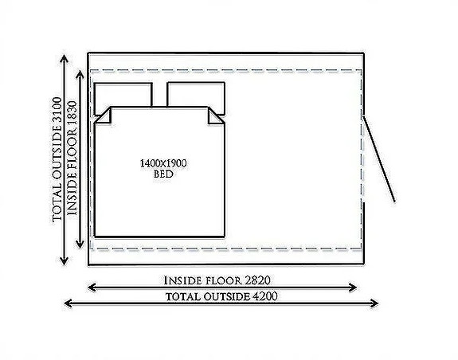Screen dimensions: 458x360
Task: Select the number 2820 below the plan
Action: pyautogui.click(x=257, y=280)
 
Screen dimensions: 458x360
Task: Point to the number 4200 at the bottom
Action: pyautogui.click(x=264, y=296)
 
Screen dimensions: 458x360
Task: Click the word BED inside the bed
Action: pyautogui.click(x=163, y=174)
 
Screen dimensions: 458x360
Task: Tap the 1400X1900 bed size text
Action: pyautogui.click(x=163, y=163)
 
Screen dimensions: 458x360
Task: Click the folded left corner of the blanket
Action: pyautogui.click(x=104, y=116)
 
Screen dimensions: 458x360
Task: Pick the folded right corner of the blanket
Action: pyautogui.click(x=216, y=116)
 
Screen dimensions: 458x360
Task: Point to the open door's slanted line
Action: pyautogui.click(x=379, y=159)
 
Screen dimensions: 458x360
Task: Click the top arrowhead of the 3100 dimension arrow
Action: pyautogui.click(x=64, y=58)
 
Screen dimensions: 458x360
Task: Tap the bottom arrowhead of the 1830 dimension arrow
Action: pyautogui.click(x=80, y=245)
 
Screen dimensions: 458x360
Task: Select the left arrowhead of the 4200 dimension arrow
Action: pyautogui.click(x=68, y=303)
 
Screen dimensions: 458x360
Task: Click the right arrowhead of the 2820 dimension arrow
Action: pyautogui.click(x=353, y=288)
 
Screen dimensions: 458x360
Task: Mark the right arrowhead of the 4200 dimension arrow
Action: pyautogui.click(x=374, y=303)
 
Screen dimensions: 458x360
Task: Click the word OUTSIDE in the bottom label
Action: pyautogui.click(x=227, y=296)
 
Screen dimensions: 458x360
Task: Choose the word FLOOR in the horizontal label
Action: pyautogui.click(x=224, y=281)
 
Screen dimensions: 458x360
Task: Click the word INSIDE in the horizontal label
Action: pyautogui.click(x=182, y=281)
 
